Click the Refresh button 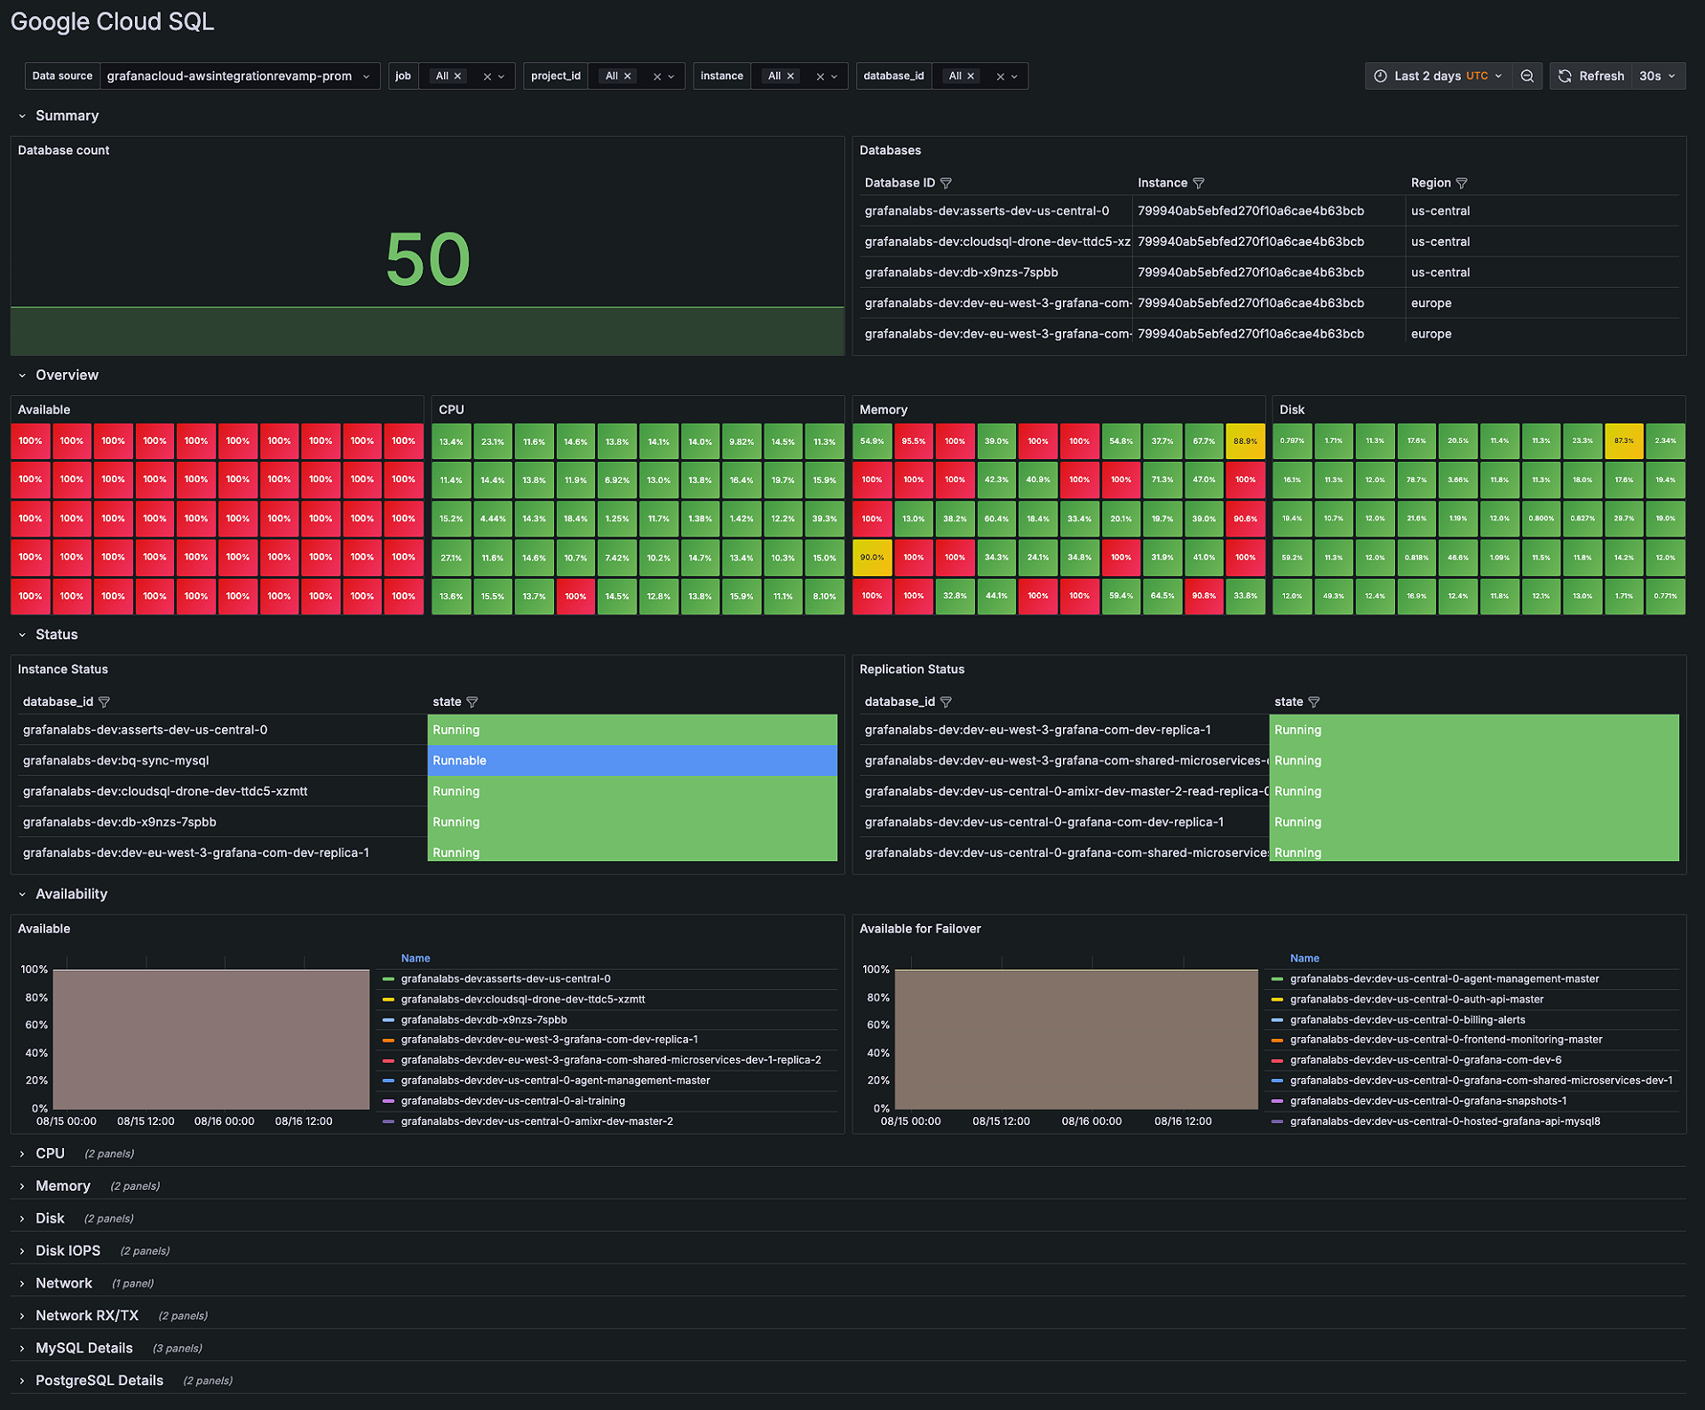point(1591,76)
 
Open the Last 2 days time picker point(1439,76)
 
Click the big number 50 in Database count point(427,259)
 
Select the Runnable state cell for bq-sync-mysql point(631,761)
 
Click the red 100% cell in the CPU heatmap point(575,597)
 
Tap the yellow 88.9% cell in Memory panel point(1245,441)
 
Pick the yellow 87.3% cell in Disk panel point(1623,441)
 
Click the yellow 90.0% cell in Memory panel point(871,558)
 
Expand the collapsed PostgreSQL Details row point(99,1381)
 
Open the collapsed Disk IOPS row point(67,1251)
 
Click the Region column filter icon point(1462,184)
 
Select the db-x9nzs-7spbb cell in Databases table point(961,273)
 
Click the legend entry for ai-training point(512,1101)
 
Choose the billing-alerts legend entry point(1407,1020)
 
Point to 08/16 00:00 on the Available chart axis point(224,1121)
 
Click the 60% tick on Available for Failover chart point(877,1026)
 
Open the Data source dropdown point(239,76)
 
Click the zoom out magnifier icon point(1527,76)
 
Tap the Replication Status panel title point(911,669)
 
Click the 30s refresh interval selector point(1657,76)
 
